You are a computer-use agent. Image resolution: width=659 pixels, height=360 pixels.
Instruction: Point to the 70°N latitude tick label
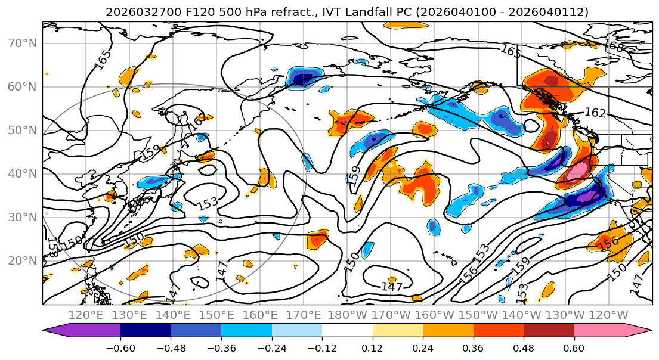point(23,43)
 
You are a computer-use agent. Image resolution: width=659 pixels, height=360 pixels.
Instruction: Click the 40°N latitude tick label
point(23,173)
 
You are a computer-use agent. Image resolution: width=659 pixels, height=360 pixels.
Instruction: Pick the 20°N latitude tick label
point(23,260)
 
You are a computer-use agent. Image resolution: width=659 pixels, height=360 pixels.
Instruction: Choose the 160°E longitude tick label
point(260,315)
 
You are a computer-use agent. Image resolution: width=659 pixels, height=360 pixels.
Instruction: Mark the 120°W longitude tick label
point(609,315)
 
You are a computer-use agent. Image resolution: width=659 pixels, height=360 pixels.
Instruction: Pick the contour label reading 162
point(595,112)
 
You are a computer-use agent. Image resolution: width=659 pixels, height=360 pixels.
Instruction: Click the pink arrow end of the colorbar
point(638,330)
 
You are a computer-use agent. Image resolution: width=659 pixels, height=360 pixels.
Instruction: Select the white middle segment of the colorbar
point(347,330)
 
